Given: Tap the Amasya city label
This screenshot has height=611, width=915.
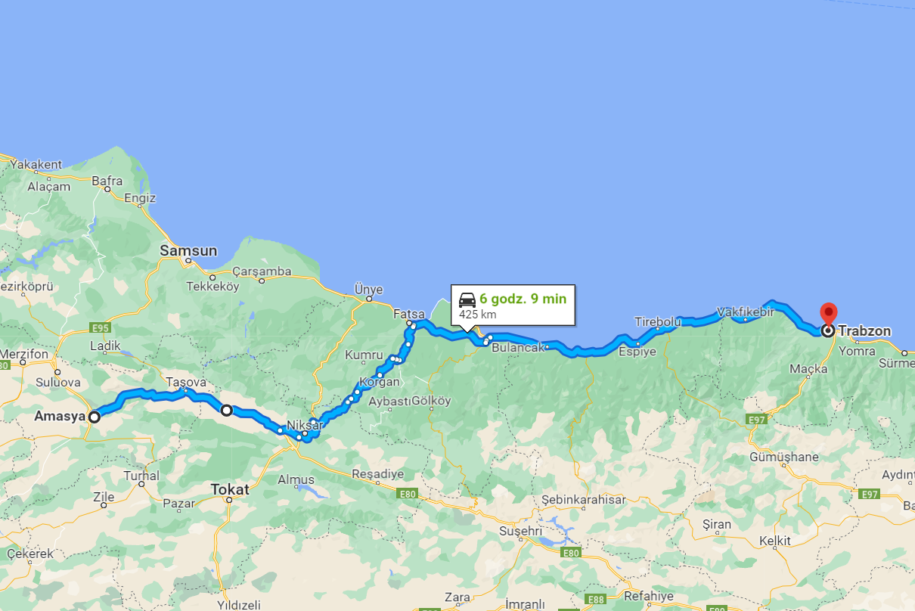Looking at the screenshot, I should tap(60, 416).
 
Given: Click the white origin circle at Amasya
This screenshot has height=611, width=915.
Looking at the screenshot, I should tap(94, 417).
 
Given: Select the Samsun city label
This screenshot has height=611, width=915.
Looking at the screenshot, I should tap(188, 250).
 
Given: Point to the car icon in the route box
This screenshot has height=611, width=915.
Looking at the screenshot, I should tap(467, 299).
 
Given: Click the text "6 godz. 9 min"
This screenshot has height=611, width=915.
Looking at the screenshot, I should tap(523, 299).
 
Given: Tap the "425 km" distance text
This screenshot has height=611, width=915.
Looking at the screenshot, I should tap(477, 314).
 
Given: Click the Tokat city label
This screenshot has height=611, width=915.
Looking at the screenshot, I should tap(230, 489).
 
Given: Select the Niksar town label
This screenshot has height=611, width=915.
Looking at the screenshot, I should tap(306, 426).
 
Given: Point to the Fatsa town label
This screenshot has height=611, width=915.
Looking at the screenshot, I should tap(408, 312).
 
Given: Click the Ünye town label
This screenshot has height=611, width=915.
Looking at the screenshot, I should tap(369, 290).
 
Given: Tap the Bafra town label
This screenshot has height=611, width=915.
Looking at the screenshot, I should tap(107, 181).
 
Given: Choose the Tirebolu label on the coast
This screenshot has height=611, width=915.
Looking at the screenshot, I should tap(658, 321).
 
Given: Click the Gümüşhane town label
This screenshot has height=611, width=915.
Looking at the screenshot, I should tap(784, 457).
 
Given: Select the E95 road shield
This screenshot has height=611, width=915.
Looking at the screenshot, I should tap(100, 327).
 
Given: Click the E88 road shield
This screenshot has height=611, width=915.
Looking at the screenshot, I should tap(597, 600).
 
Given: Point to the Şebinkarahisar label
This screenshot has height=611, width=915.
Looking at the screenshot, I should tap(584, 500).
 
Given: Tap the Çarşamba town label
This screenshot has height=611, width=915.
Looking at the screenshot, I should tap(262, 271).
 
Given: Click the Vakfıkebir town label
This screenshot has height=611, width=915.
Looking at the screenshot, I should tap(746, 311).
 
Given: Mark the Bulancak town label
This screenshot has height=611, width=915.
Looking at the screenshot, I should tap(517, 349).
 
